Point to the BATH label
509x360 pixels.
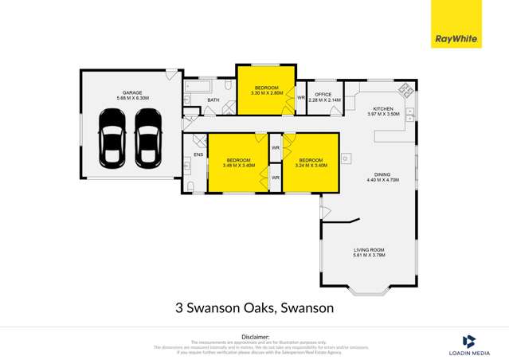(213, 100)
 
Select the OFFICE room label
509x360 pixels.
(323, 94)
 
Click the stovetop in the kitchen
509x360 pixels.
(405, 90)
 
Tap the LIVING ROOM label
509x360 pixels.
(370, 250)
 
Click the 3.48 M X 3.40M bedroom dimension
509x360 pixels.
(240, 166)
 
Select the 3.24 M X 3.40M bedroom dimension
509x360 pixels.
(311, 166)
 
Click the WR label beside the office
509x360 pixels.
(300, 98)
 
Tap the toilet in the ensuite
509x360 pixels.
(191, 186)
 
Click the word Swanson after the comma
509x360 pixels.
(306, 307)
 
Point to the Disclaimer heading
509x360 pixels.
(255, 335)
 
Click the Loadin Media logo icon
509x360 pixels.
(469, 340)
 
